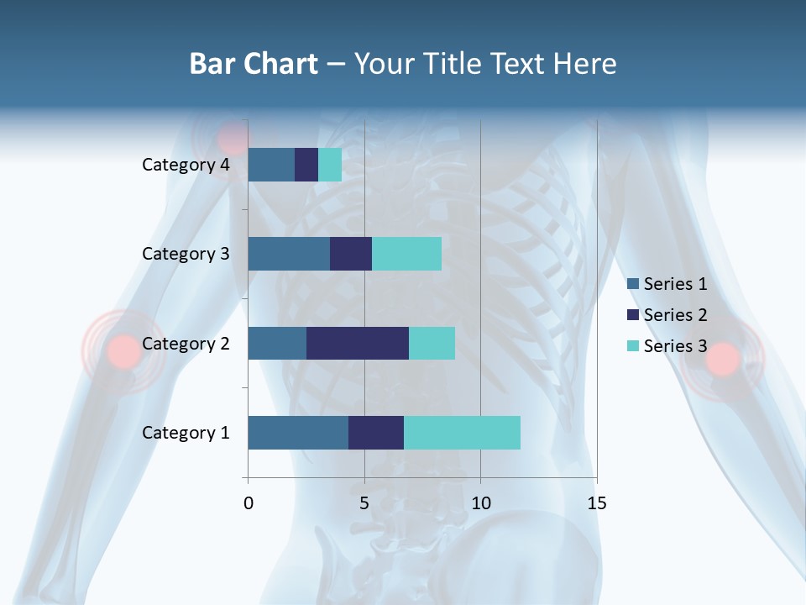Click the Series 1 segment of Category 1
tap(298, 433)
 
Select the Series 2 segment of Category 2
tap(358, 343)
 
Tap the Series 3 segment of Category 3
tap(406, 254)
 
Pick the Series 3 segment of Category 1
tap(462, 433)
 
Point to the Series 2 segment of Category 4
tap(306, 165)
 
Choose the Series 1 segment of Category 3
tap(289, 254)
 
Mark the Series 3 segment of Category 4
tap(330, 165)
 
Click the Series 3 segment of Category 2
tap(432, 343)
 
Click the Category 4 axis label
tap(186, 165)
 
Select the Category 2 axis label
tap(186, 344)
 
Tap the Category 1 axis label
tap(186, 433)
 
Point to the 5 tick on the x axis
tap(364, 503)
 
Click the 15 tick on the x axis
tap(596, 503)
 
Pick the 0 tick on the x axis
tap(249, 503)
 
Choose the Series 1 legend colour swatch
tap(632, 284)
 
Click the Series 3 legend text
tap(675, 346)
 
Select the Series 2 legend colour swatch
tap(632, 315)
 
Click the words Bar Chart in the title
tap(254, 64)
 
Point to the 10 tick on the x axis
tap(480, 503)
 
